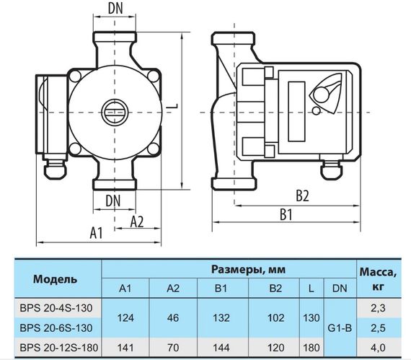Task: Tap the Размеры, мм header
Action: click(248, 269)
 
